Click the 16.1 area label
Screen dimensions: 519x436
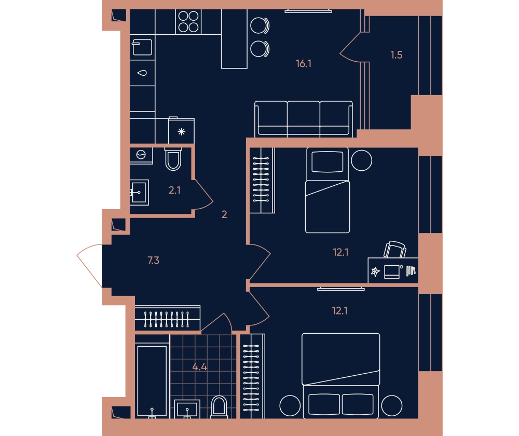(x=303, y=63)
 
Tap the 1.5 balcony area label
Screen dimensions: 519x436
(x=396, y=55)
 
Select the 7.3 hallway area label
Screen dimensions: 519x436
(x=153, y=261)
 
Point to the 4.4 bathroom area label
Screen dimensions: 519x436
(x=200, y=367)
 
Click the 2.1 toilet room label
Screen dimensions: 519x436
(x=174, y=190)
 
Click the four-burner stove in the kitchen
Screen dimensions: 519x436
(x=188, y=21)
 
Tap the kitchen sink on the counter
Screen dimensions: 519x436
(x=142, y=73)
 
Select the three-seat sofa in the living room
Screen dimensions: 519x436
(x=304, y=119)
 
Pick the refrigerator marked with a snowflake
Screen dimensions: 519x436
(x=181, y=131)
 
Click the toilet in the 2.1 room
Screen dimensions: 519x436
(x=173, y=159)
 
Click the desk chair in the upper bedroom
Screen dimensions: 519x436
(x=394, y=249)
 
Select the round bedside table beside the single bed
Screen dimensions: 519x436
(x=361, y=160)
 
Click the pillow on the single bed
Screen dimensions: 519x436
(x=327, y=162)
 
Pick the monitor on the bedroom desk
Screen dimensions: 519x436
(x=392, y=272)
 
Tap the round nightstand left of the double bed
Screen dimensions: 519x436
(x=290, y=405)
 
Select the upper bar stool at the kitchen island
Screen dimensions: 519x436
(x=260, y=25)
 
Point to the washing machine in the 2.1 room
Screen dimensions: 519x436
(x=141, y=155)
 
